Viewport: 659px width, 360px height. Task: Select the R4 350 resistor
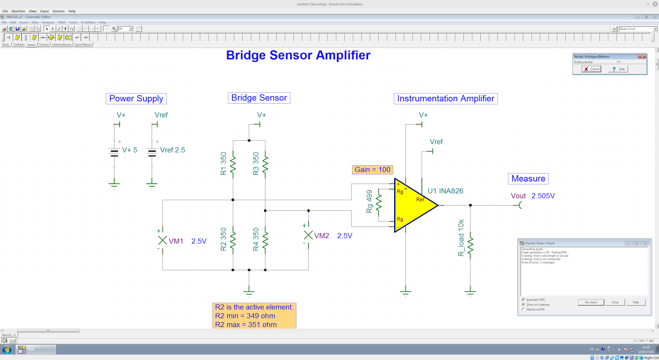pyautogui.click(x=265, y=240)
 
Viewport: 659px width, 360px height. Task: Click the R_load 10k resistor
pyautogui.click(x=470, y=246)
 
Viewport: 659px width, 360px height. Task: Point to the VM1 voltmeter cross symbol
pyautogui.click(x=162, y=240)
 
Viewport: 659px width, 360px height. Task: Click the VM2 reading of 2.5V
pyautogui.click(x=344, y=236)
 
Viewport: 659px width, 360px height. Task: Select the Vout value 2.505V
pyautogui.click(x=543, y=196)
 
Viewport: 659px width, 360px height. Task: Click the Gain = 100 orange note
pyautogui.click(x=372, y=170)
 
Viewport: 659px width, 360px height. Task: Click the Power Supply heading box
pyautogui.click(x=136, y=98)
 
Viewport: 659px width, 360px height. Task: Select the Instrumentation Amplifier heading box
pyautogui.click(x=445, y=98)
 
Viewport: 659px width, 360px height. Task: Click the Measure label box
pyautogui.click(x=528, y=179)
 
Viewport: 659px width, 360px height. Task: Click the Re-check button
pyautogui.click(x=591, y=302)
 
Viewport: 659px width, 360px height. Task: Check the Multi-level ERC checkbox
pyautogui.click(x=524, y=309)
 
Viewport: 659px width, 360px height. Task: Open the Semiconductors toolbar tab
pyautogui.click(x=62, y=45)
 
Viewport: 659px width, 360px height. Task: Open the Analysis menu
pyautogui.click(x=48, y=23)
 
